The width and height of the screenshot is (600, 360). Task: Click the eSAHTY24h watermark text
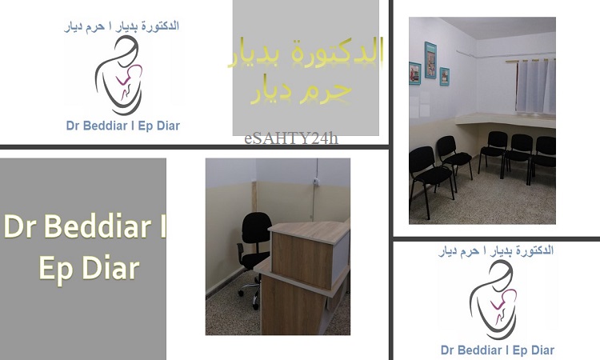[x=291, y=138]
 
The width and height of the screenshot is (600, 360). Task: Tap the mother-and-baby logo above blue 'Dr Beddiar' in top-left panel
[x=118, y=75]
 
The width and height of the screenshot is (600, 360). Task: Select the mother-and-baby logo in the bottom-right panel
[x=494, y=300]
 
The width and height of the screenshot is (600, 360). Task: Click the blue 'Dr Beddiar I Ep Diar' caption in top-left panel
[x=123, y=126]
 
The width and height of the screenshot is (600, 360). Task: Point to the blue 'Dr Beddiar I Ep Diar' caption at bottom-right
[x=498, y=350]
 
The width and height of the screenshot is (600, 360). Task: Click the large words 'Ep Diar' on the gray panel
[x=89, y=269]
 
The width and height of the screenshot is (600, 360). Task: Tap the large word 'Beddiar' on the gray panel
[x=98, y=226]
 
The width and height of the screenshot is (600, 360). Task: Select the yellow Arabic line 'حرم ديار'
[x=301, y=91]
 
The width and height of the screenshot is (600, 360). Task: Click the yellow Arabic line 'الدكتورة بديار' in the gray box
[x=306, y=53]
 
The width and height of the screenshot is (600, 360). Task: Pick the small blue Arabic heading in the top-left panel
[x=122, y=26]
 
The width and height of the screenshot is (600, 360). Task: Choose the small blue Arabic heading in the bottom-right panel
[x=496, y=251]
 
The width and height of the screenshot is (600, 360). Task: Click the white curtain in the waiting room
[x=535, y=87]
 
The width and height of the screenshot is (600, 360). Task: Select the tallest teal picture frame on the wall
[x=430, y=60]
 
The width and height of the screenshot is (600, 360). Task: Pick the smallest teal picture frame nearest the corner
[x=444, y=77]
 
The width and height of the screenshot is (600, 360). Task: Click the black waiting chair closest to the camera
[x=430, y=177]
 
